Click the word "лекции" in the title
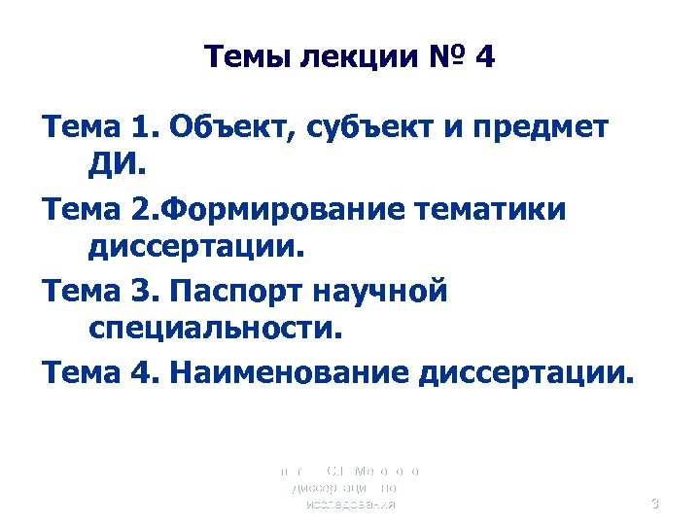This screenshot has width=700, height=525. point(348,58)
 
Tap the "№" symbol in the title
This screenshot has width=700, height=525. point(440,58)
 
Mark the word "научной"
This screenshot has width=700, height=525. point(384,291)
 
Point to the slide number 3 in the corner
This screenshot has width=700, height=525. point(654,504)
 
